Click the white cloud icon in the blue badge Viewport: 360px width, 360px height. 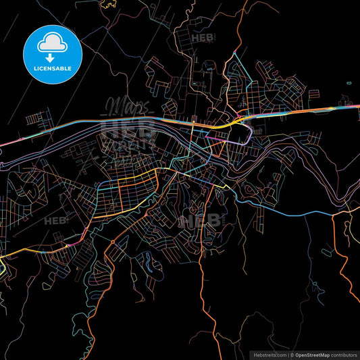click(x=52, y=42)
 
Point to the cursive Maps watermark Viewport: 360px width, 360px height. click(x=122, y=106)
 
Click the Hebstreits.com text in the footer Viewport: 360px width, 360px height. click(x=268, y=355)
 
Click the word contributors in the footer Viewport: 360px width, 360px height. click(x=342, y=355)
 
